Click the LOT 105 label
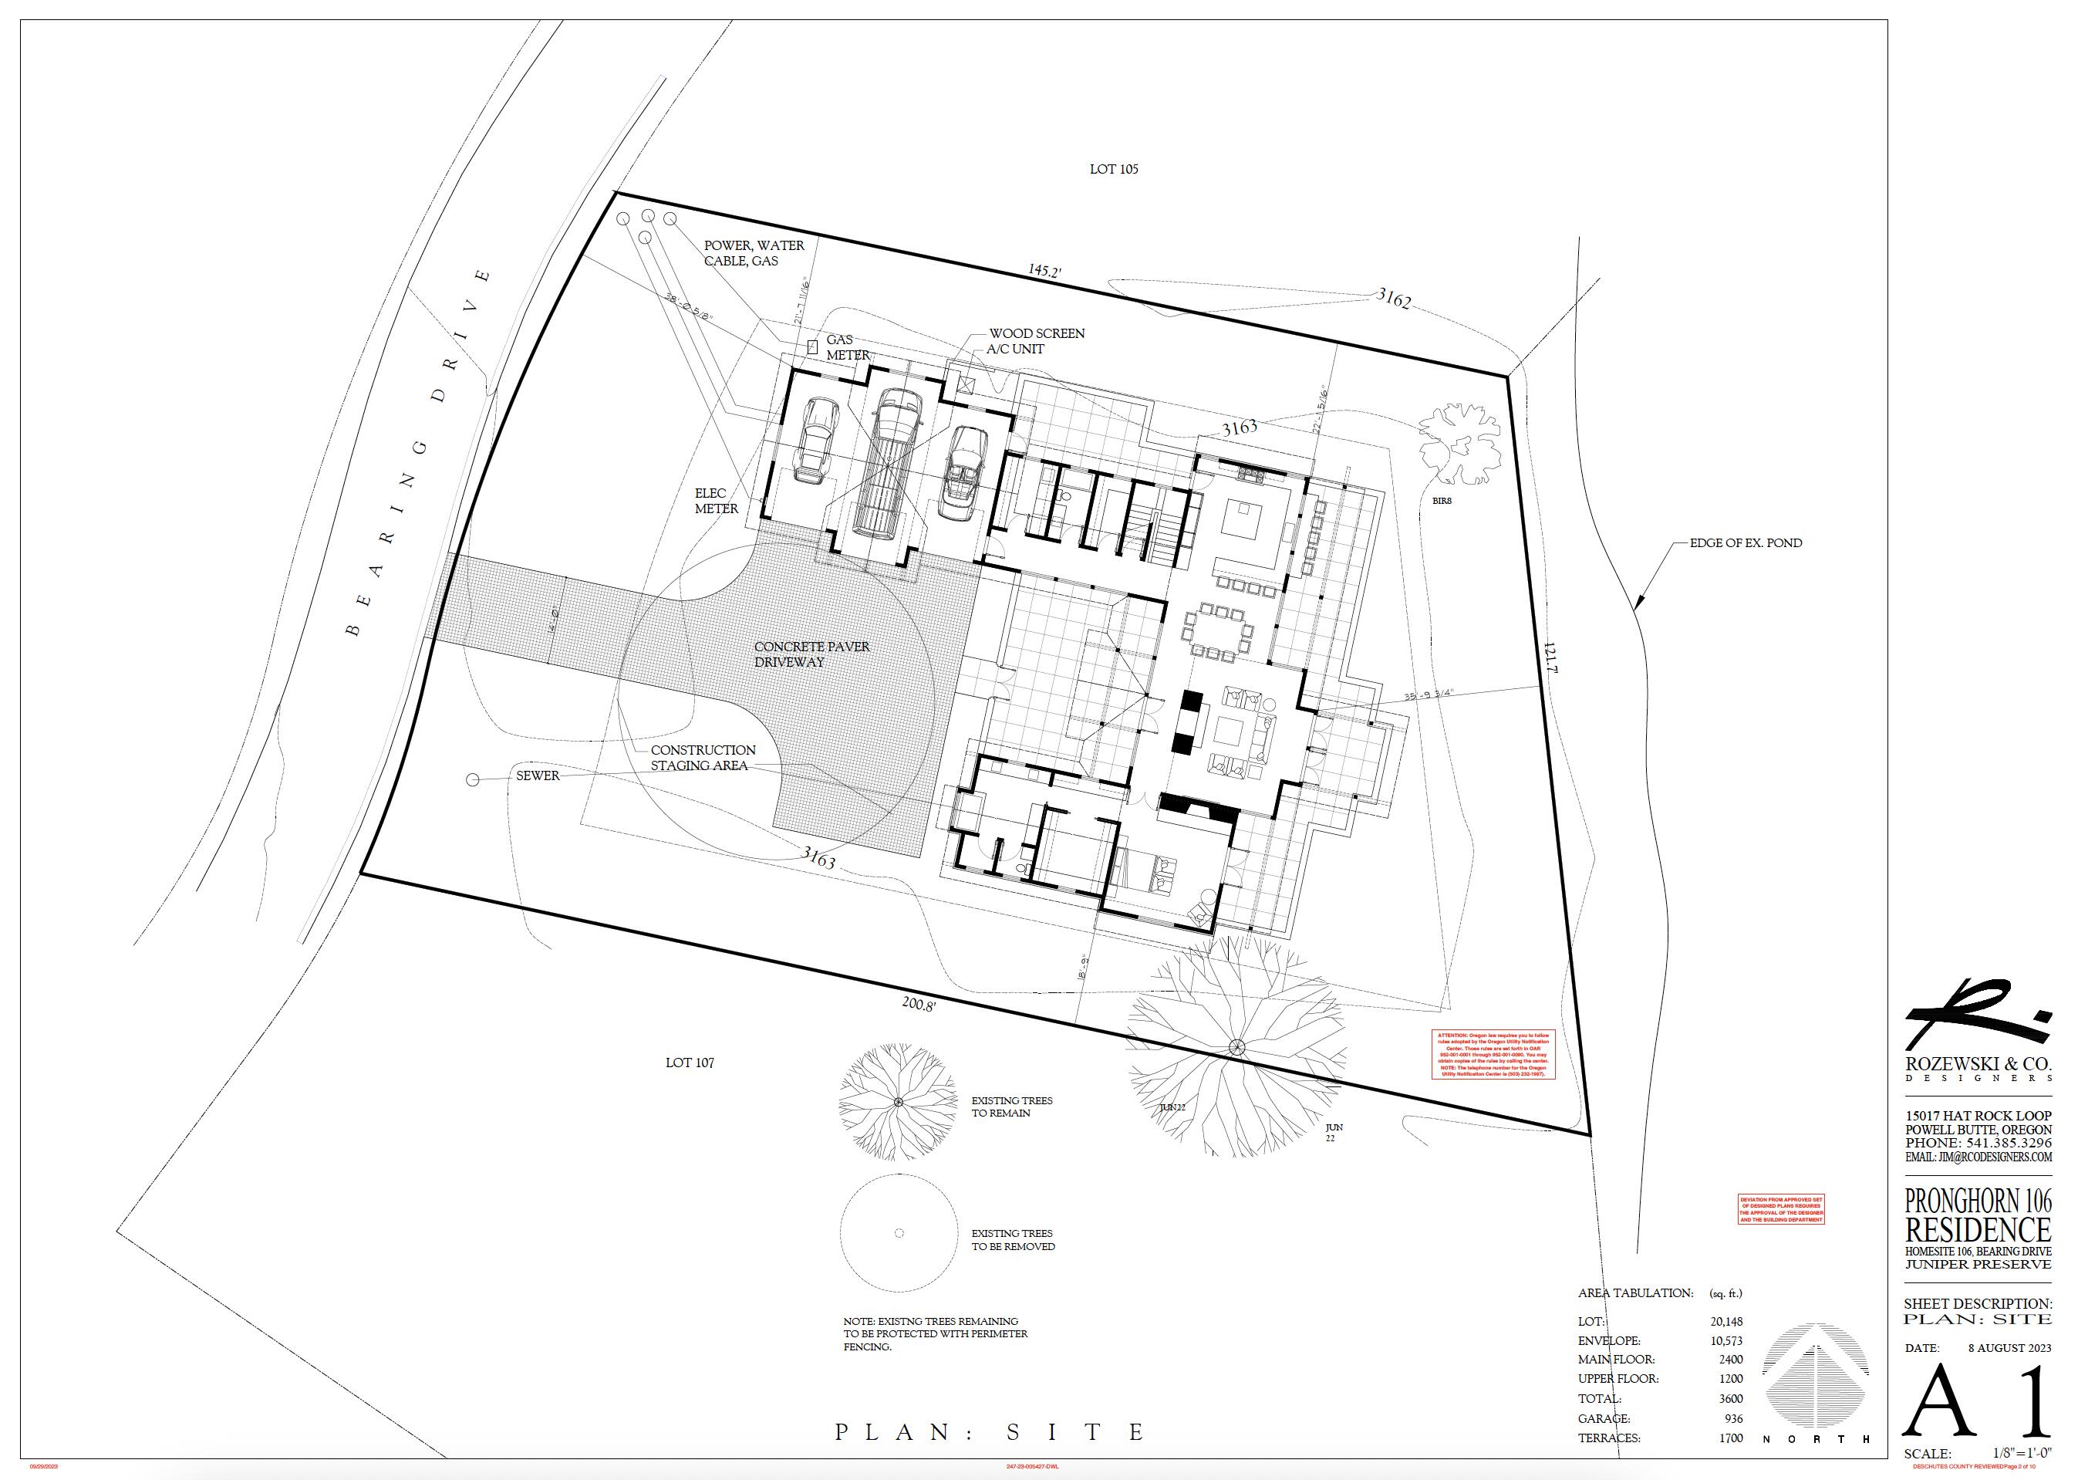pyautogui.click(x=1113, y=170)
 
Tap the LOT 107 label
pyautogui.click(x=690, y=1063)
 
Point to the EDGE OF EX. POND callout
pyautogui.click(x=1746, y=543)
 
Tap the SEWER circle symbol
pyautogui.click(x=472, y=780)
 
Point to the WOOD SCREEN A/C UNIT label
pyautogui.click(x=1036, y=341)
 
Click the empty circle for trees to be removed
pyautogui.click(x=899, y=1233)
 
